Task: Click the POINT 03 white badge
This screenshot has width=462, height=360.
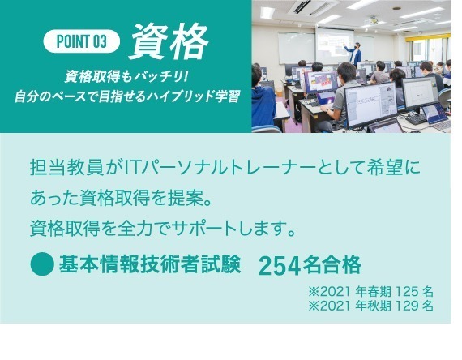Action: point(82,41)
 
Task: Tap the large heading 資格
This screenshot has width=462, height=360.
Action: point(169,41)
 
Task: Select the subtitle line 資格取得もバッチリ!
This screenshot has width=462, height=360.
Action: point(126,77)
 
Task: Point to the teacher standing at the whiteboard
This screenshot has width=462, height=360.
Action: point(355,54)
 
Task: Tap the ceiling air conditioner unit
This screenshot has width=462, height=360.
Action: point(312,6)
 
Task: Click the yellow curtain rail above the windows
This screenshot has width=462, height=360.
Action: point(428,37)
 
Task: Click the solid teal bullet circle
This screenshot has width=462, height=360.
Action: point(42,264)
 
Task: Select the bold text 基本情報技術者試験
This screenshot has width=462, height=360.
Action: point(150,264)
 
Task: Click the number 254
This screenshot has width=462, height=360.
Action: point(280,265)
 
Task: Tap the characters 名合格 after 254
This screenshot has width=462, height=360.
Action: point(332,265)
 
